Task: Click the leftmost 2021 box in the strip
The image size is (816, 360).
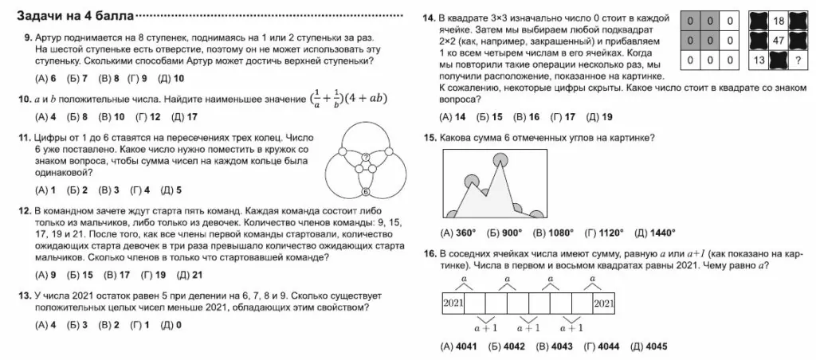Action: pos(453,303)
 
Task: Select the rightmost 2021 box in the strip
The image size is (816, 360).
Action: pos(604,303)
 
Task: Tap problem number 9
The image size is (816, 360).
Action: pos(28,37)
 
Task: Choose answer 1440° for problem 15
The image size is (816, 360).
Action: pos(661,233)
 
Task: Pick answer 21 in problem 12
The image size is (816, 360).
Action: pos(197,276)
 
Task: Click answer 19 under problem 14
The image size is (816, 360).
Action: pos(606,117)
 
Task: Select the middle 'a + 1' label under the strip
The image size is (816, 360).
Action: pos(530,327)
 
